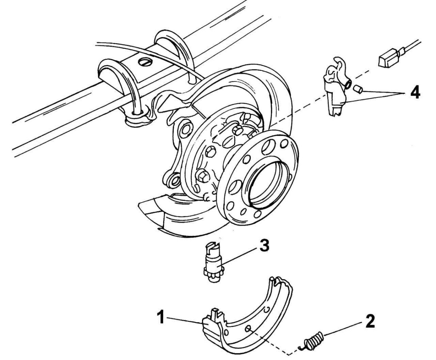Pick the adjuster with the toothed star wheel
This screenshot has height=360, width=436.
click(213, 263)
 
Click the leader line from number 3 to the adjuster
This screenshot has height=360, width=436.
click(238, 256)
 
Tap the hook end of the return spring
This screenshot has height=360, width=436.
click(301, 347)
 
